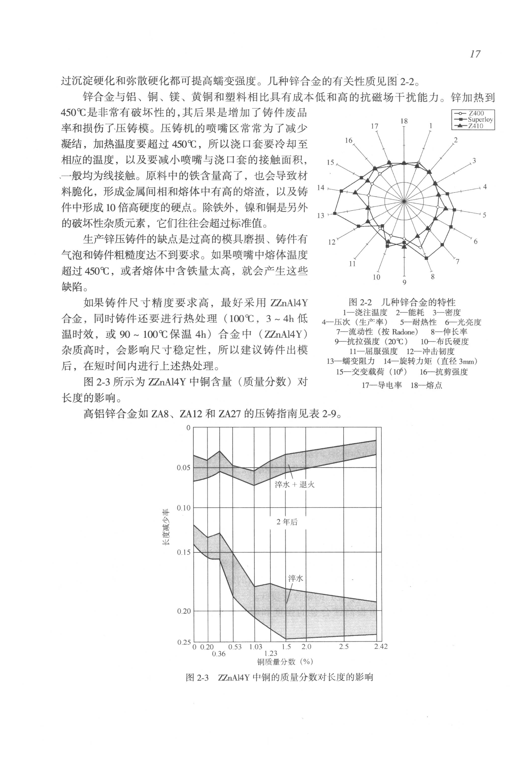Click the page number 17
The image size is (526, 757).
tap(475, 54)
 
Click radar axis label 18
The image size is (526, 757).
tap(404, 121)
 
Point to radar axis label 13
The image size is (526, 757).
tap(321, 216)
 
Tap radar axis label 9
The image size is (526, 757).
tap(404, 282)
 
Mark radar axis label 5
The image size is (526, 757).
tap(484, 215)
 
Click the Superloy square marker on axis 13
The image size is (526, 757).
tap(335, 214)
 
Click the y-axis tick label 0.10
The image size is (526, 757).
tap(184, 508)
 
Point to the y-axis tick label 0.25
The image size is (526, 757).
tap(184, 642)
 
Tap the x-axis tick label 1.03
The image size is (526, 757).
tap(256, 647)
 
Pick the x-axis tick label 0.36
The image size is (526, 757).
tap(219, 654)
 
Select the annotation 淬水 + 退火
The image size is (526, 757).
tap(295, 484)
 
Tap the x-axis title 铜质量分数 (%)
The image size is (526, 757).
tap(285, 661)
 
